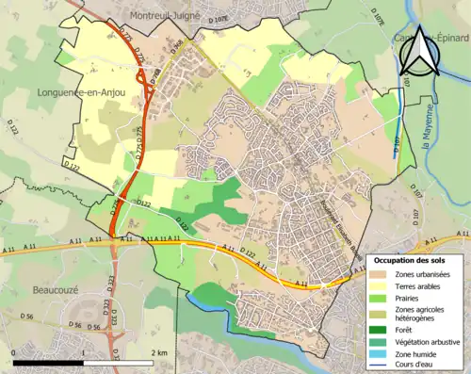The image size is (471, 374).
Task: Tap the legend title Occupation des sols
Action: (x=412, y=259)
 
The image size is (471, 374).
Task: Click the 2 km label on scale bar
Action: (x=159, y=352)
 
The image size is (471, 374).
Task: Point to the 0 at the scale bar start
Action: (x=14, y=352)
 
